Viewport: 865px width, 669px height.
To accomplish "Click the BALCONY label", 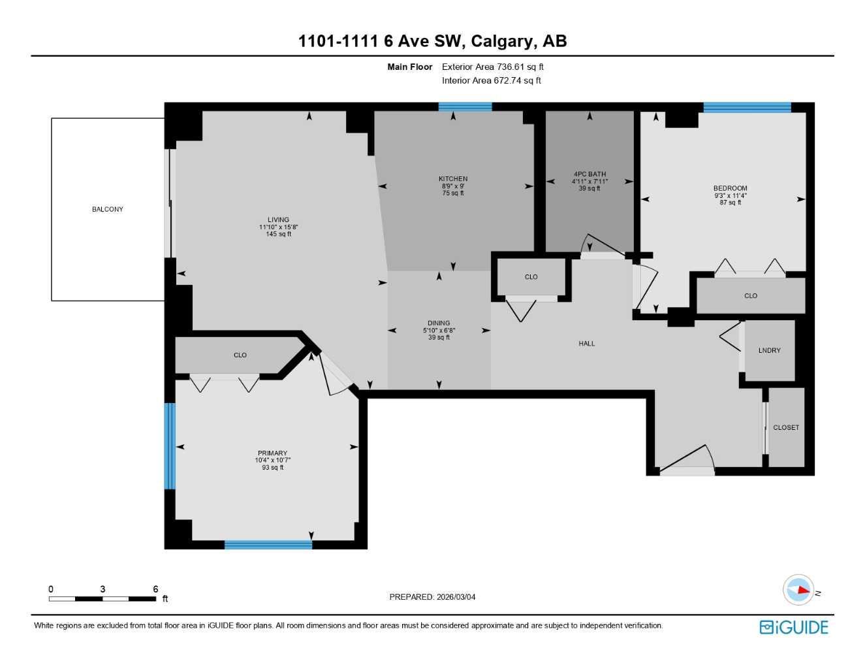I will tap(107, 209).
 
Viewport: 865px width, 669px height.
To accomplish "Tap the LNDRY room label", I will tap(769, 350).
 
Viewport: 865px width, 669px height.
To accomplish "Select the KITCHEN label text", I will tap(453, 178).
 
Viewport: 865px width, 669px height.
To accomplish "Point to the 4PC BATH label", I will tap(590, 174).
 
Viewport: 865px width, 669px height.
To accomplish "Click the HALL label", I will tap(586, 343).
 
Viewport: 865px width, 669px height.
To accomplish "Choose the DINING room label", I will tap(439, 323).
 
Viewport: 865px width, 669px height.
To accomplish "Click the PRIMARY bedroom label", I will tap(272, 453).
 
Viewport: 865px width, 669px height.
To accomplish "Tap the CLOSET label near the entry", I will tap(785, 427).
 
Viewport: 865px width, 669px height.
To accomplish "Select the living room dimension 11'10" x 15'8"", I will tap(278, 227).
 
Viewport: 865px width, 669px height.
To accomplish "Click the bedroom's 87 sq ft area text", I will tap(730, 203).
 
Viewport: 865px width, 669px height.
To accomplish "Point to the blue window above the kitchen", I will tap(465, 107).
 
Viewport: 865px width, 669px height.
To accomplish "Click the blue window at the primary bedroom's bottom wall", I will tap(268, 544).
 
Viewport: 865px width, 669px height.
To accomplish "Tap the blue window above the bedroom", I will tap(747, 108).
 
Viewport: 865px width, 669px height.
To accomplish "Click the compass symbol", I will tap(799, 590).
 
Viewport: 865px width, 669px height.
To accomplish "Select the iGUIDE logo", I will tap(794, 627).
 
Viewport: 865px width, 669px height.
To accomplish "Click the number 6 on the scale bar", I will tap(155, 589).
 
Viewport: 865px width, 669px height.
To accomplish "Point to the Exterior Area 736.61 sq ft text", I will tap(492, 67).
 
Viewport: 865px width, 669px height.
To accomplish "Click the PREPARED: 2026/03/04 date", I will tap(432, 596).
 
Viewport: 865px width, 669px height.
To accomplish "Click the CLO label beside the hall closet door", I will tap(531, 277).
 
